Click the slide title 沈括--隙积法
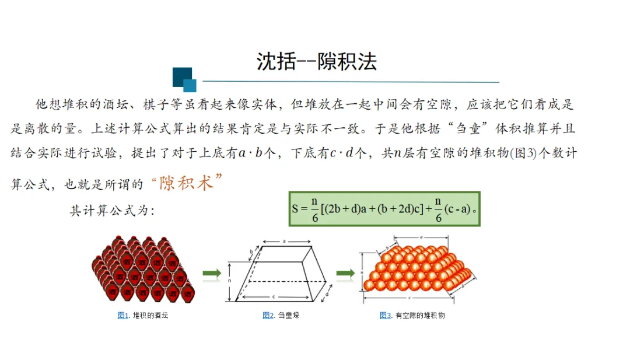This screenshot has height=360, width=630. [x=316, y=61]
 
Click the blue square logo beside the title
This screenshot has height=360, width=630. [x=184, y=79]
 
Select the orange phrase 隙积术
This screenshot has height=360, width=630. [x=187, y=183]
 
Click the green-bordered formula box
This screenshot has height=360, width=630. [x=384, y=208]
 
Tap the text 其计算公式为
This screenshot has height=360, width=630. [x=112, y=211]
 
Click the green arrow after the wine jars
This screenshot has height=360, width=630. [x=212, y=272]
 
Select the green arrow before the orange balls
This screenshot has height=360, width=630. [x=345, y=272]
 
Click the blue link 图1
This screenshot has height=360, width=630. [x=123, y=316]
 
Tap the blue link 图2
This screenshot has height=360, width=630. [x=268, y=316]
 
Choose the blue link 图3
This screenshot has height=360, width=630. [x=385, y=316]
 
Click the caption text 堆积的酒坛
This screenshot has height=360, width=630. [x=150, y=316]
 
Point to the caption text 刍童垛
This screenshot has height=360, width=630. [x=289, y=316]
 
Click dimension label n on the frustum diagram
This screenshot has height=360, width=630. [x=229, y=281]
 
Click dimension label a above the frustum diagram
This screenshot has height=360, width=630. [x=284, y=240]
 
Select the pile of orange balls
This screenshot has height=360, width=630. [x=417, y=270]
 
